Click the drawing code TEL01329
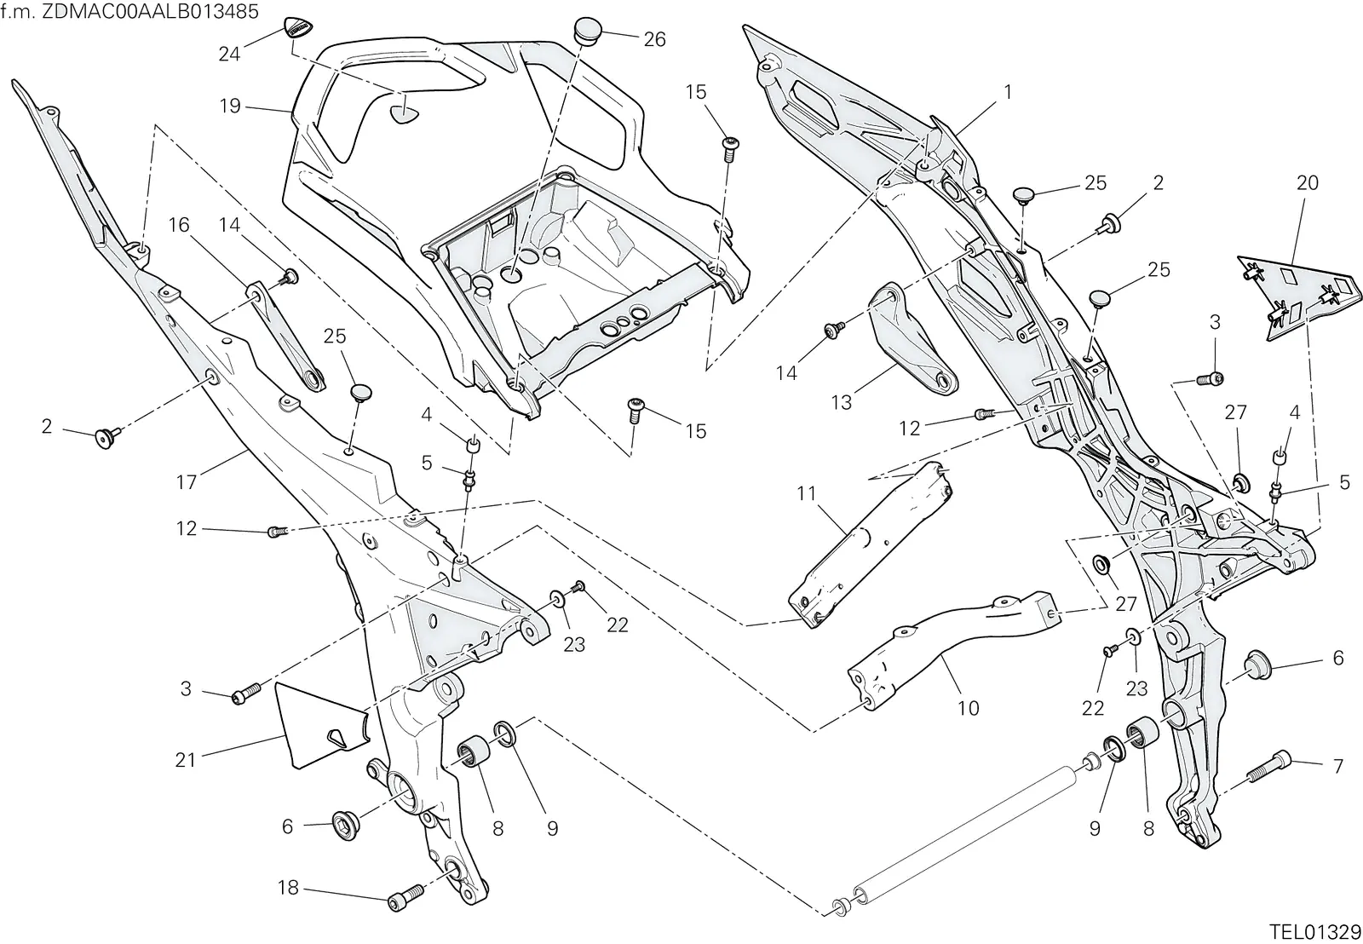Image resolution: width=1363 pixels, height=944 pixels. (1314, 931)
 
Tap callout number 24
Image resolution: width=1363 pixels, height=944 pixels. (229, 55)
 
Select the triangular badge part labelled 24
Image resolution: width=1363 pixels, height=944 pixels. (297, 28)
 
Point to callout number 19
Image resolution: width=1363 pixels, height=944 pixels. (231, 106)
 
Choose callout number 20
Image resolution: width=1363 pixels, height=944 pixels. (1308, 182)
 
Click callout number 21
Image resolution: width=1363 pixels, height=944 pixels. (186, 760)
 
